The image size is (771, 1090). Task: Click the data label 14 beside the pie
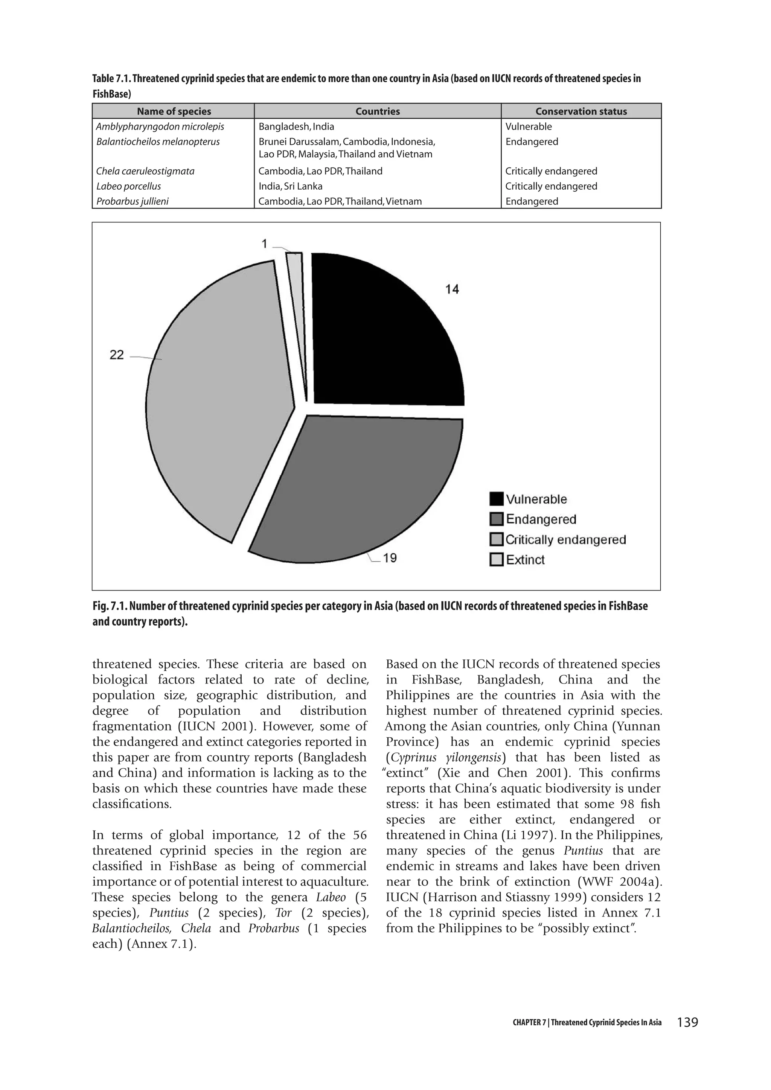(x=452, y=289)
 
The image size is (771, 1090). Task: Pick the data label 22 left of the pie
(x=117, y=355)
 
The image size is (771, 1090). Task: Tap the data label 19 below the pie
(x=390, y=558)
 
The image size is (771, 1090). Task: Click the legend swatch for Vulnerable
(x=496, y=499)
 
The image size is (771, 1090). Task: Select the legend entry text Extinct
(x=525, y=560)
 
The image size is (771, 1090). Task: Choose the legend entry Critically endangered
(x=565, y=540)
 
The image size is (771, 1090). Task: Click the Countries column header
(x=378, y=111)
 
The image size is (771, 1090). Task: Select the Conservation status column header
(x=581, y=111)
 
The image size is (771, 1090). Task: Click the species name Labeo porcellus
(x=129, y=186)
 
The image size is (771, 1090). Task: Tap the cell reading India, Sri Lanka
(x=290, y=186)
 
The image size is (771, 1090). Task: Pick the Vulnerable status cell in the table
(x=529, y=126)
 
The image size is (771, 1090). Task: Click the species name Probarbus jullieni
(x=132, y=201)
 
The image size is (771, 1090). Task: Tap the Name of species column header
(x=174, y=111)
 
